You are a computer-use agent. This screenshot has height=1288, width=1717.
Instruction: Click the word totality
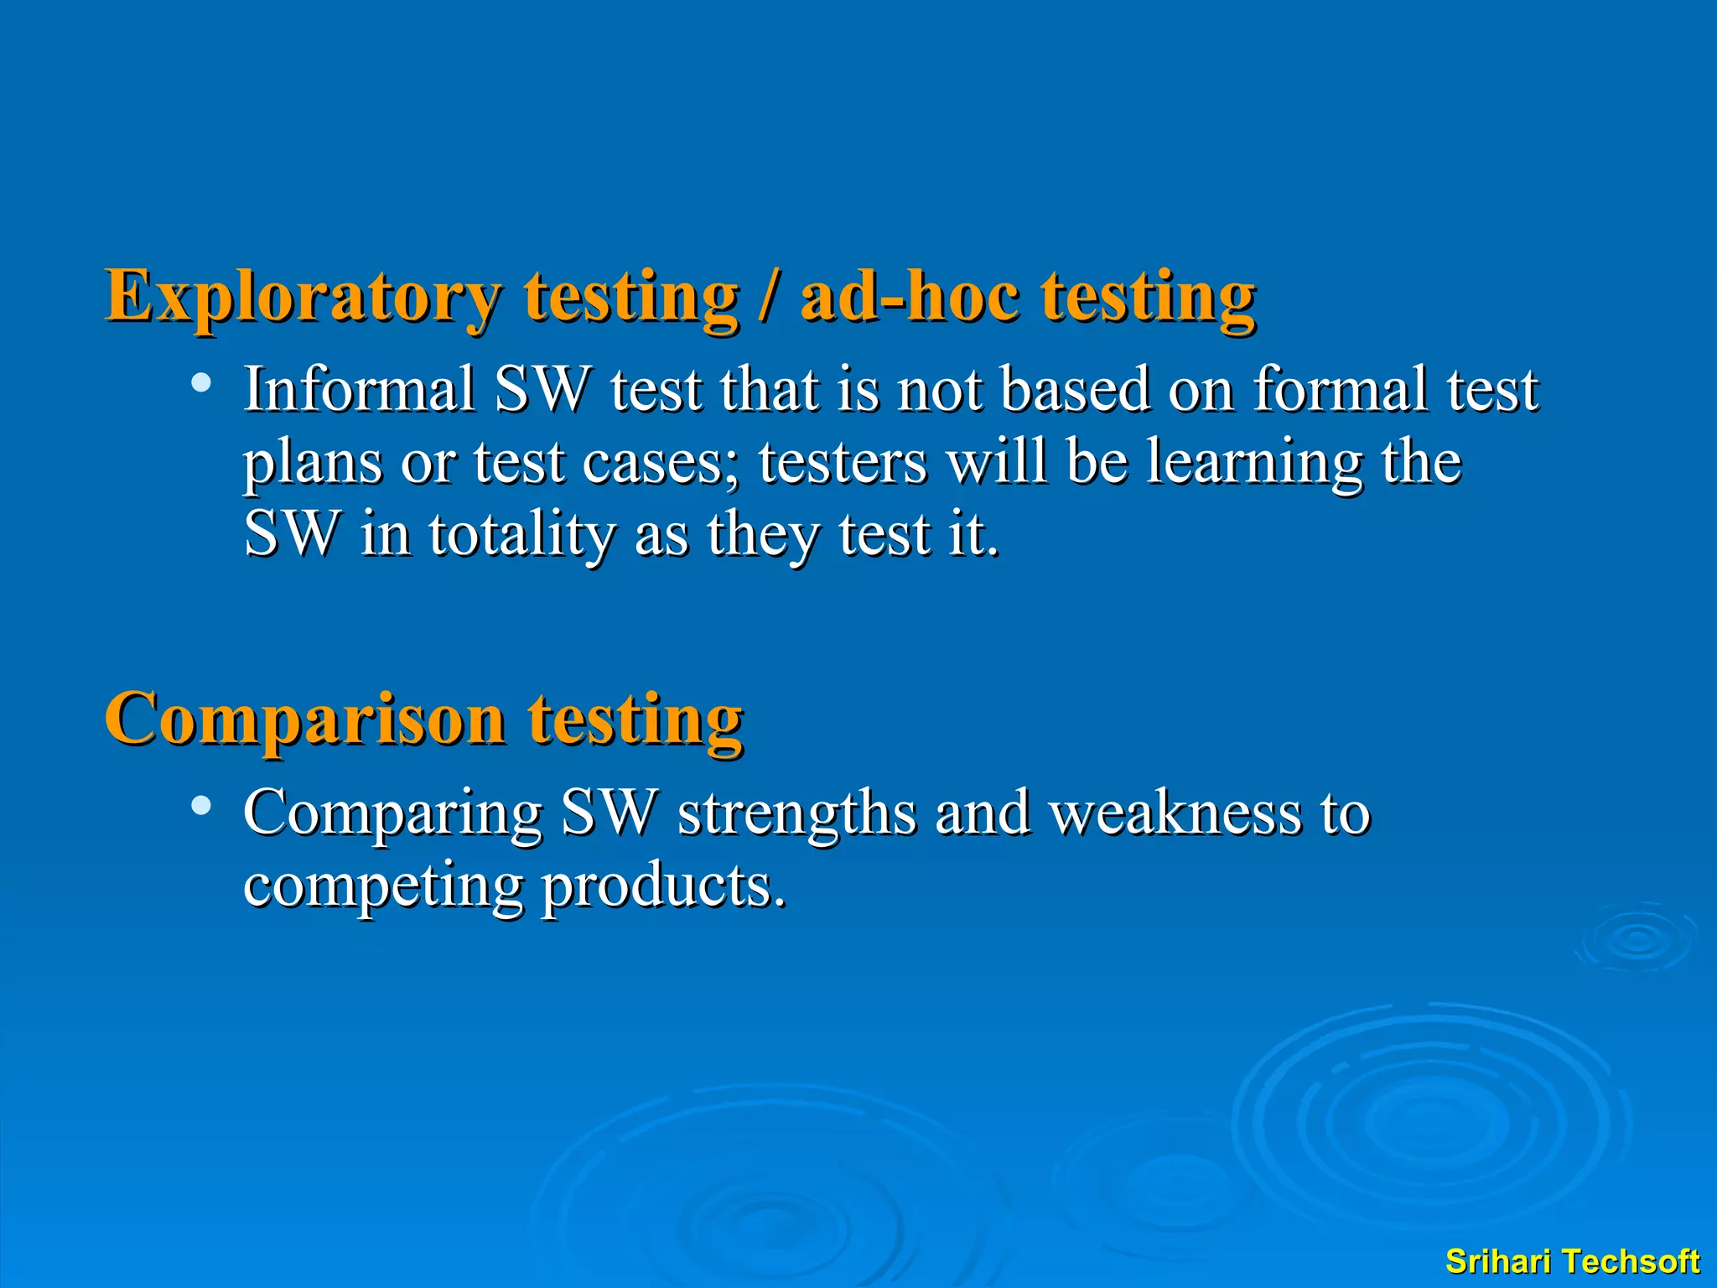point(522,534)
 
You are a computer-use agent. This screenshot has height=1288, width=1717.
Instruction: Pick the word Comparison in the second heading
point(305,719)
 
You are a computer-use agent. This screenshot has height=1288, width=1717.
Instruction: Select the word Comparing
point(392,813)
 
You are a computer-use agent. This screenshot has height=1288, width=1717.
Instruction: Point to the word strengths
point(796,813)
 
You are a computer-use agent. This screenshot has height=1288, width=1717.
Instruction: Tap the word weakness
point(1175,813)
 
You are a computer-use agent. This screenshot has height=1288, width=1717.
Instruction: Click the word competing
point(382,885)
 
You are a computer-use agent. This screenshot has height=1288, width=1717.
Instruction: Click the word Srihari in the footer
point(1497,1261)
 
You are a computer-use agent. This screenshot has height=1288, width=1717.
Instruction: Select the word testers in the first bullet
point(843,462)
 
